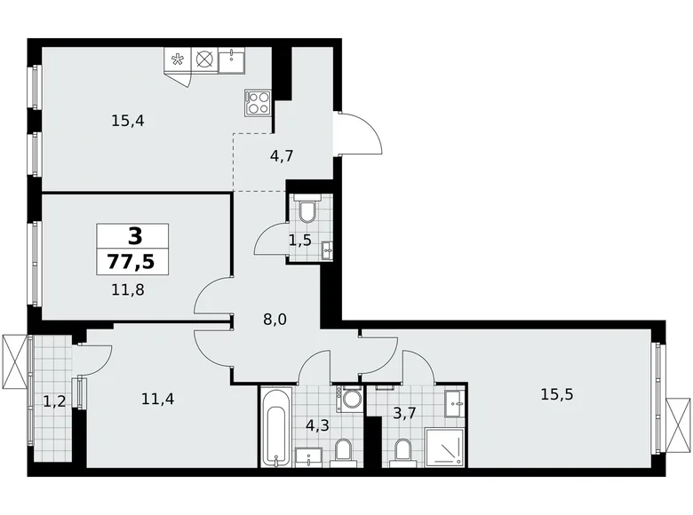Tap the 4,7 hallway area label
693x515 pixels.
point(282,155)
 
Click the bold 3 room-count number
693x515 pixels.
point(134,235)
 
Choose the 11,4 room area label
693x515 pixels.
point(156,399)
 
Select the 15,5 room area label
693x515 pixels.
point(555,393)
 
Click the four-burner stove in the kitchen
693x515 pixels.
point(258,102)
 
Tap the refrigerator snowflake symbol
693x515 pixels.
point(178,60)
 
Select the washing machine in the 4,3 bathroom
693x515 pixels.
point(352,399)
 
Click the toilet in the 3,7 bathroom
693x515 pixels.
point(402,452)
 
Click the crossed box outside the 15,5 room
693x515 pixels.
point(677,422)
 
